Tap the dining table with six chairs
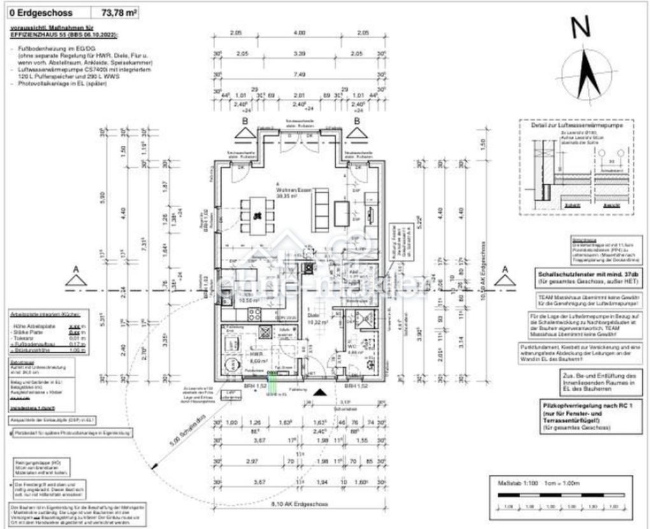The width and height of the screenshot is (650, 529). click(x=257, y=215)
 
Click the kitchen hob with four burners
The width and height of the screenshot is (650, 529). click(x=254, y=314)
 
